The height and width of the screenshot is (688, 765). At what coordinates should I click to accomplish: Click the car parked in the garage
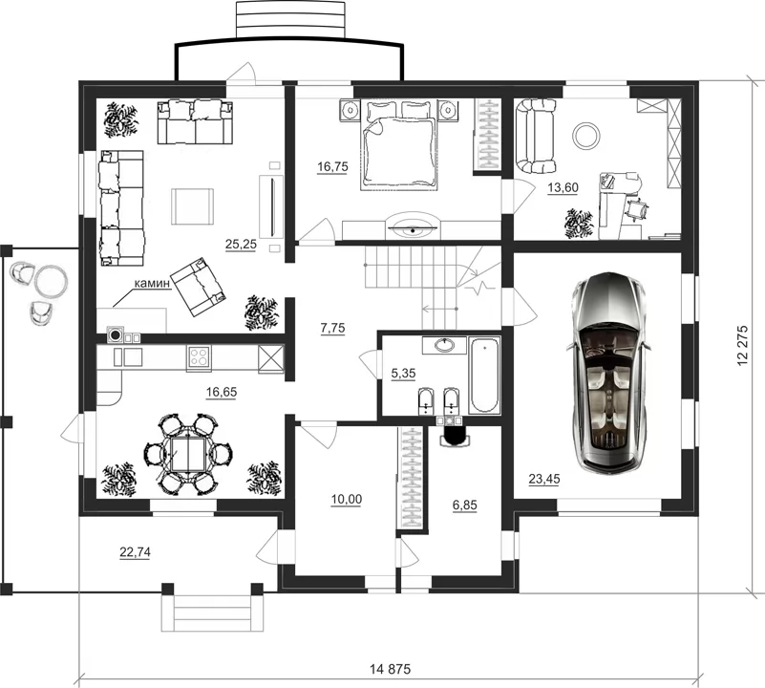tap(608, 372)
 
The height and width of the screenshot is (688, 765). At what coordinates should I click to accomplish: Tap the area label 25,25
tap(241, 244)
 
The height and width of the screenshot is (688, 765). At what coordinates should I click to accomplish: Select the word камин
tap(152, 283)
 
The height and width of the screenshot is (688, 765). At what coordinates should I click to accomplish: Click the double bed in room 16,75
tap(397, 145)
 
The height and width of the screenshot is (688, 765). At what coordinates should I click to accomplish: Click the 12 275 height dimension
tap(743, 345)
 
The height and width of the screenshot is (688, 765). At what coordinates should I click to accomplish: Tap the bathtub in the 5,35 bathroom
tap(484, 376)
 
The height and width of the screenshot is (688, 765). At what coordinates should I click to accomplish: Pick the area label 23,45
tap(544, 479)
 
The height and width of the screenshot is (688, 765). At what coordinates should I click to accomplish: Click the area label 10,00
tap(347, 499)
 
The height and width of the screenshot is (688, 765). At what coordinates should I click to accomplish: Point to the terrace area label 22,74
tap(136, 552)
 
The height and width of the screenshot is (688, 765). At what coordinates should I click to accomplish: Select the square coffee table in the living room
tap(192, 206)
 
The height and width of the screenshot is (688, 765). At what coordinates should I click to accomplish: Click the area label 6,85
tap(464, 505)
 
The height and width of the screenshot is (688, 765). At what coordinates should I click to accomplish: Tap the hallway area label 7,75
tap(332, 328)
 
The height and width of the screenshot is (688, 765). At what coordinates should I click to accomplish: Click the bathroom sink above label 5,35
tap(444, 346)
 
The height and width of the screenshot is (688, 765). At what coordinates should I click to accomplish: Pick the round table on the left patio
tap(52, 281)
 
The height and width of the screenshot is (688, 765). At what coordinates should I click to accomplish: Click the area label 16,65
tap(222, 392)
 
